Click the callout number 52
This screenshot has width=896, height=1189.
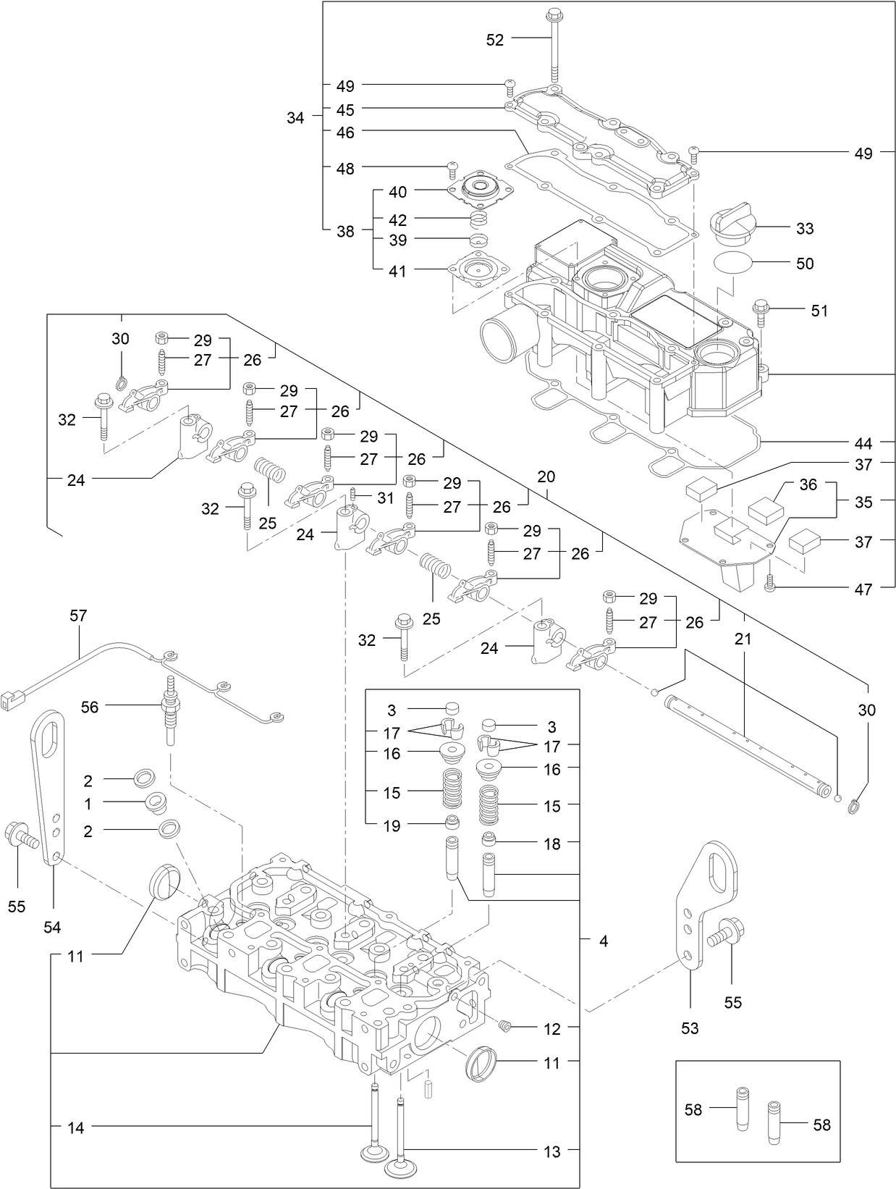click(494, 41)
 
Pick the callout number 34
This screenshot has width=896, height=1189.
click(295, 118)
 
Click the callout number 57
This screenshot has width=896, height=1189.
click(78, 615)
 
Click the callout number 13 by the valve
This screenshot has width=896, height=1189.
click(552, 1151)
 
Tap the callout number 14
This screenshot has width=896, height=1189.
click(76, 1127)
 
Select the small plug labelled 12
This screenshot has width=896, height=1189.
click(506, 1025)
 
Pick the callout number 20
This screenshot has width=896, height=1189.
click(546, 476)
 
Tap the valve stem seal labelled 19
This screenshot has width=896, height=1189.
click(452, 823)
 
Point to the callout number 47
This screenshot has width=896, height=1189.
click(863, 589)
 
